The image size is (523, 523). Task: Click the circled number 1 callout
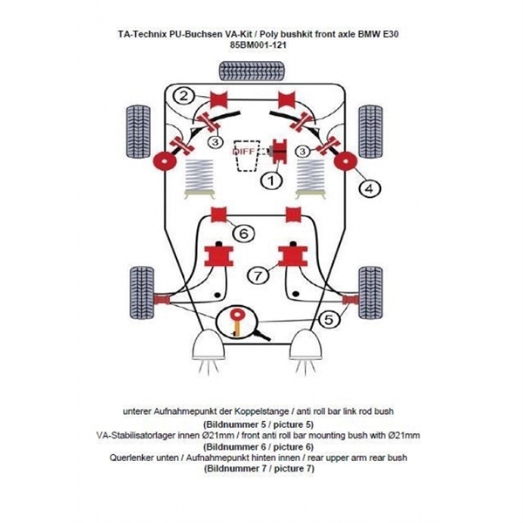(x=271, y=181)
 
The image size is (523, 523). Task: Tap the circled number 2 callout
(x=184, y=97)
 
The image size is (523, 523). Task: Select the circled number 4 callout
(x=369, y=187)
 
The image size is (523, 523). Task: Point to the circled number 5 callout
(x=328, y=320)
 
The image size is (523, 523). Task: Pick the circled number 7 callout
(x=258, y=276)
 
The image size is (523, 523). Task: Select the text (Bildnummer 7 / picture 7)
(x=259, y=468)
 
